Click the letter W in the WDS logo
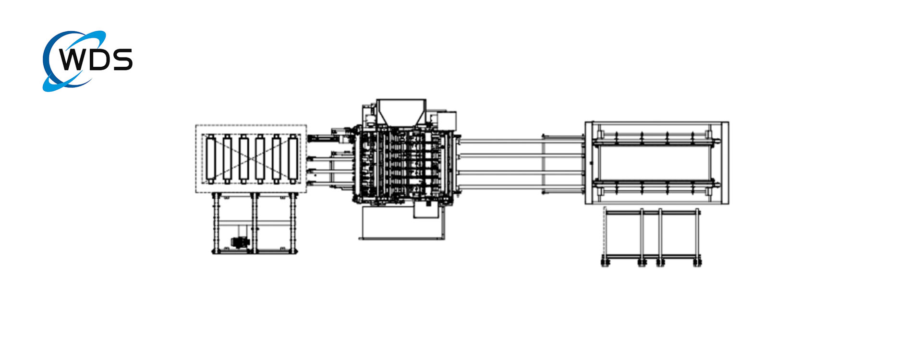click(72, 60)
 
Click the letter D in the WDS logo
click(98, 60)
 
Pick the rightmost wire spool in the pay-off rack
click(292, 159)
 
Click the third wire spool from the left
click(243, 159)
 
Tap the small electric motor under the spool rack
click(240, 242)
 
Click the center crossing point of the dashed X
click(251, 159)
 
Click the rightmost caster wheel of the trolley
click(697, 262)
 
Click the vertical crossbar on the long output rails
click(543, 163)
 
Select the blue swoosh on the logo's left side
click(48, 72)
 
